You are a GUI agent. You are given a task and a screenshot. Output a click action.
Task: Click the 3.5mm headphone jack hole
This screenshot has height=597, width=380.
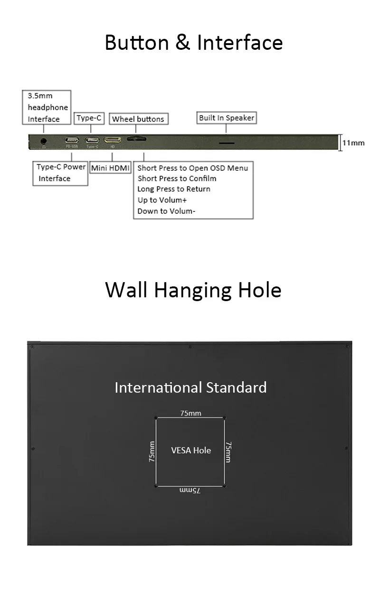tap(44, 141)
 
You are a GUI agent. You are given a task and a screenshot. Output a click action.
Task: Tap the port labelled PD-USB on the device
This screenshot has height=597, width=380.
tap(72, 140)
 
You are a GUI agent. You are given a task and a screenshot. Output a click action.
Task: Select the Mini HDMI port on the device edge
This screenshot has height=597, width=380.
tap(113, 140)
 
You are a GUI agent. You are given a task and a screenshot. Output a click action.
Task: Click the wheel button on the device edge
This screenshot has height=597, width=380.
tap(136, 139)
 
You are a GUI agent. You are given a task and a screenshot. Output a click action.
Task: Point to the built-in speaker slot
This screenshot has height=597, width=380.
tap(226, 142)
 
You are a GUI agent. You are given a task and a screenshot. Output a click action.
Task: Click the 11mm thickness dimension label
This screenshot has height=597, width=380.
tap(353, 143)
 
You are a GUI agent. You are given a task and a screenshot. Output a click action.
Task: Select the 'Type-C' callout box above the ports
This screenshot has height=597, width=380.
tap(89, 118)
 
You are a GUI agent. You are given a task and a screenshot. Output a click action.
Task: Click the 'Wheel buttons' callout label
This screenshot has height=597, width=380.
tap(138, 119)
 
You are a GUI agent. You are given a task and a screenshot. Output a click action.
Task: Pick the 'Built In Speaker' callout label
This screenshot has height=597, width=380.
tap(227, 118)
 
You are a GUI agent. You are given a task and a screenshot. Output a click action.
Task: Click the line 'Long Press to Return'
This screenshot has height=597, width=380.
tap(174, 189)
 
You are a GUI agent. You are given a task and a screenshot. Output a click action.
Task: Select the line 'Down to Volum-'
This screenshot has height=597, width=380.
tap(166, 211)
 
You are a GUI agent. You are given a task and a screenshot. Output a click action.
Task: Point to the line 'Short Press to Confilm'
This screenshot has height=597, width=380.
tap(177, 178)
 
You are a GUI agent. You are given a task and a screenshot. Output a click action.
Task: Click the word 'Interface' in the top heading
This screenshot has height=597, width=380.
tap(240, 43)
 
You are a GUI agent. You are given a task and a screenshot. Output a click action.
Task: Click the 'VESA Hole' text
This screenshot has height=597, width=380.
tap(191, 450)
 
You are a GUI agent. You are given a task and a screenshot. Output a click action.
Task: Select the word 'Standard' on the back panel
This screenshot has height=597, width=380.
tap(236, 387)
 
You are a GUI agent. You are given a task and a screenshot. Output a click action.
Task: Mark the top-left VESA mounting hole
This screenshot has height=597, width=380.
tap(156, 418)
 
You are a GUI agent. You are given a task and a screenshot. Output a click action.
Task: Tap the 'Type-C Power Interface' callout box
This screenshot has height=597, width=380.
tap(61, 173)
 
